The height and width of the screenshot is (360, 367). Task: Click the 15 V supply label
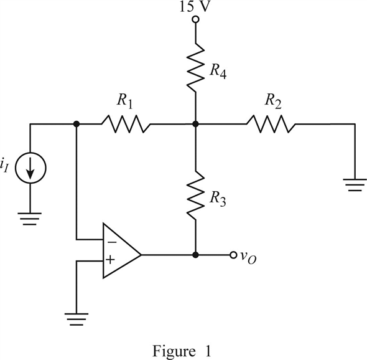click(194, 7)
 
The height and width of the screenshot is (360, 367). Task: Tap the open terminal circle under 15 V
click(195, 20)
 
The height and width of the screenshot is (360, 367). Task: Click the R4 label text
click(218, 71)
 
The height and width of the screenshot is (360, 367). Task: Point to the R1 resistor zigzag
click(126, 124)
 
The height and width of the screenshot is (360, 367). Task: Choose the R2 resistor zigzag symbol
click(271, 124)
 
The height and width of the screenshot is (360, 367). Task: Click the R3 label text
click(218, 199)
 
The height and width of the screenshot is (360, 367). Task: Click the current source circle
click(30, 168)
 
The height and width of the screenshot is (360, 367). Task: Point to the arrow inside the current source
click(30, 168)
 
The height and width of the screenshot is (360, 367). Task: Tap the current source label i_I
click(4, 166)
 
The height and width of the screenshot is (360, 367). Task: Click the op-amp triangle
click(122, 251)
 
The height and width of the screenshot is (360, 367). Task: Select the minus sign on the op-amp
click(112, 242)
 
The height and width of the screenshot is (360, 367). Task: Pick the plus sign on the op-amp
click(110, 260)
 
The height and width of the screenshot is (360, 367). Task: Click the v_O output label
click(248, 257)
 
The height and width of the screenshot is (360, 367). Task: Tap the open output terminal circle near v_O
click(233, 255)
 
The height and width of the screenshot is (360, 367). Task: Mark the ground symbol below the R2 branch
click(355, 185)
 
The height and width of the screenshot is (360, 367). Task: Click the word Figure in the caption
click(174, 352)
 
